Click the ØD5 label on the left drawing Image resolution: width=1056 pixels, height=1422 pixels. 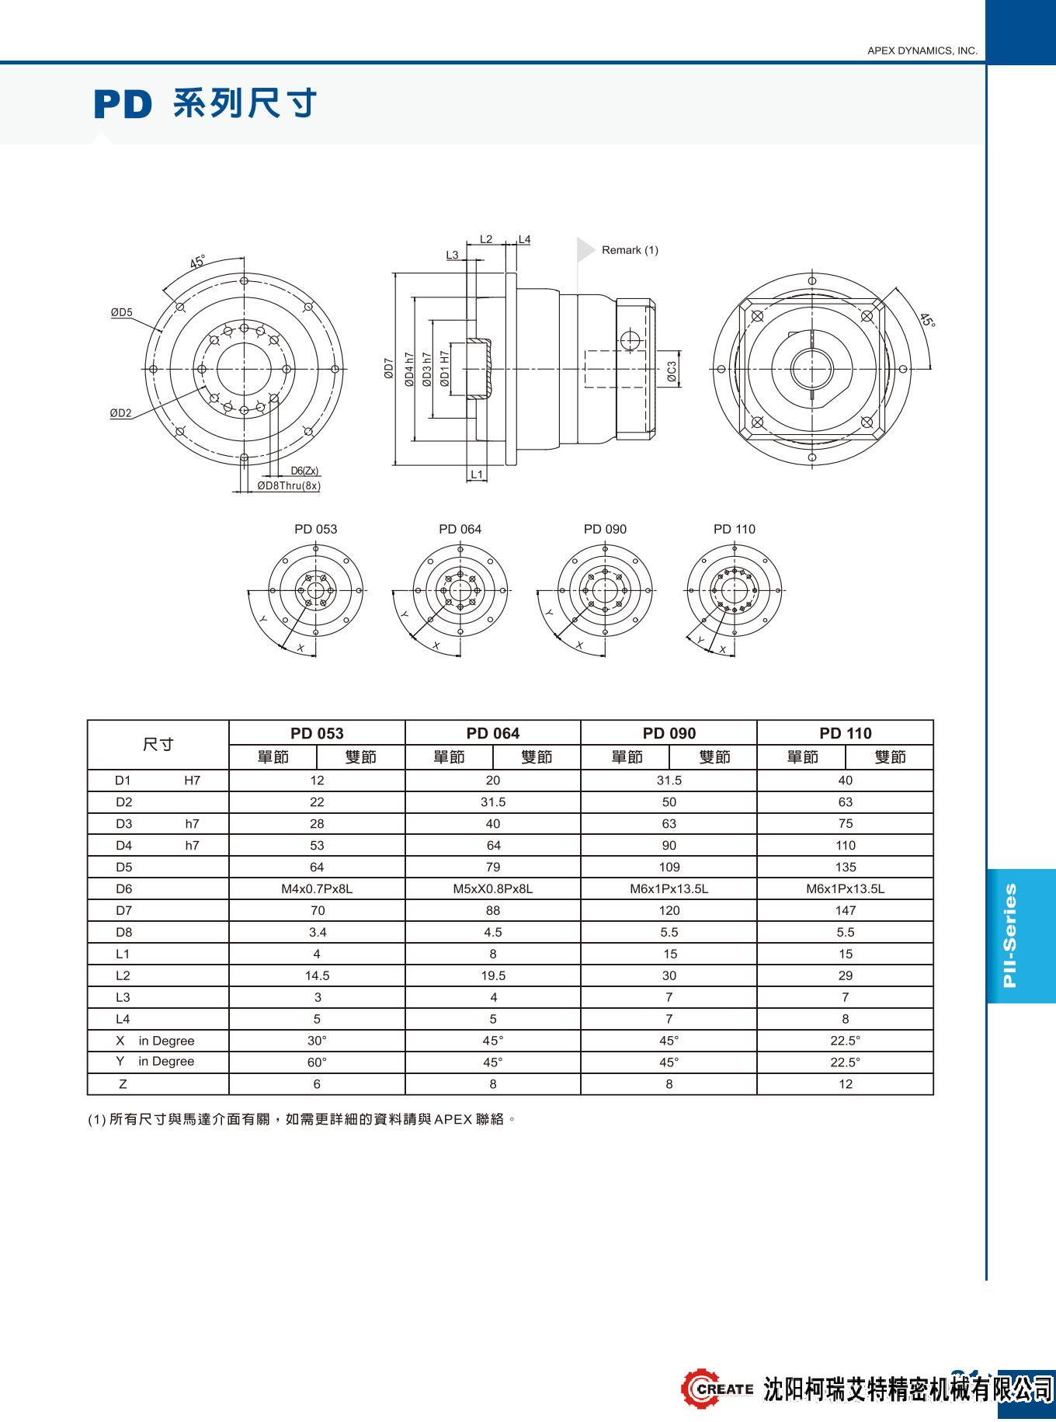[121, 312]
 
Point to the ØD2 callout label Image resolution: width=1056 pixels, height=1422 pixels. [120, 413]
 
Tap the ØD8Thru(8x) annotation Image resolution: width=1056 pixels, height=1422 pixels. [289, 486]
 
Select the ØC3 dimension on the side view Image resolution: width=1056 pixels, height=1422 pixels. [672, 372]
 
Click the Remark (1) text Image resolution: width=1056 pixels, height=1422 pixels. [630, 250]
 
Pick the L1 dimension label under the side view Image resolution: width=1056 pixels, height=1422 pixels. [477, 474]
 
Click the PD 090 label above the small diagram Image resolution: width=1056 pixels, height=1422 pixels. [605, 529]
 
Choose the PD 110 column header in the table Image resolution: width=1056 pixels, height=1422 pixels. [845, 733]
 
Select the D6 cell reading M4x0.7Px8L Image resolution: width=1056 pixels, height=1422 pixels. [317, 888]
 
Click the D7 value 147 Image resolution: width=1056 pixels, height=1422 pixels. [845, 910]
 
